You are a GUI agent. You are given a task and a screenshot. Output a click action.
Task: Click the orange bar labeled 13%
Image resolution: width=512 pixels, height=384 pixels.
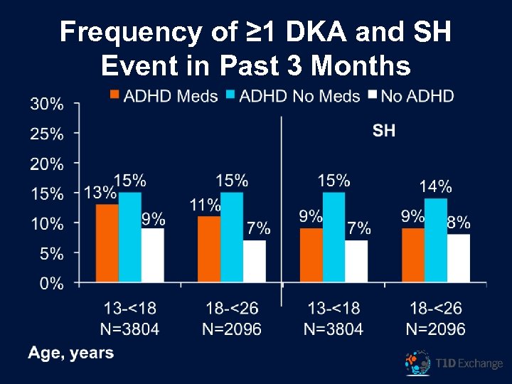pos(107,243)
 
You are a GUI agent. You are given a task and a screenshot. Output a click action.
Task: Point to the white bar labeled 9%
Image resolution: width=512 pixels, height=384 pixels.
pos(152,255)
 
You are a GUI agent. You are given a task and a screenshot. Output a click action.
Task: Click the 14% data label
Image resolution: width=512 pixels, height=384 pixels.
pos(435,187)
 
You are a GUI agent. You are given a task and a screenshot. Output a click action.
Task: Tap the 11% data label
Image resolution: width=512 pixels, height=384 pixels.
pos(205,206)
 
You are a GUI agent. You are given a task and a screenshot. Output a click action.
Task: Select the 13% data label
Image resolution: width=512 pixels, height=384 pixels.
pos(100,192)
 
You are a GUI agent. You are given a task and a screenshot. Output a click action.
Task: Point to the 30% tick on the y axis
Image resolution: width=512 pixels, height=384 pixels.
pos(47,104)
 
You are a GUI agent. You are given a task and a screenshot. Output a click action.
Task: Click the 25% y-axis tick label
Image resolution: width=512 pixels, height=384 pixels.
pos(47,134)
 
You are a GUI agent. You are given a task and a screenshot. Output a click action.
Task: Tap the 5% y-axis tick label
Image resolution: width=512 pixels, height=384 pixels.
pos(51,254)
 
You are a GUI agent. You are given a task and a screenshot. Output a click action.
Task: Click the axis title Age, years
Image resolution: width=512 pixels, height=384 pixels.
pos(70,353)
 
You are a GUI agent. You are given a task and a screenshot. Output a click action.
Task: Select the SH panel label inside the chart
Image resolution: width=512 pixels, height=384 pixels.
pos(384,130)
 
